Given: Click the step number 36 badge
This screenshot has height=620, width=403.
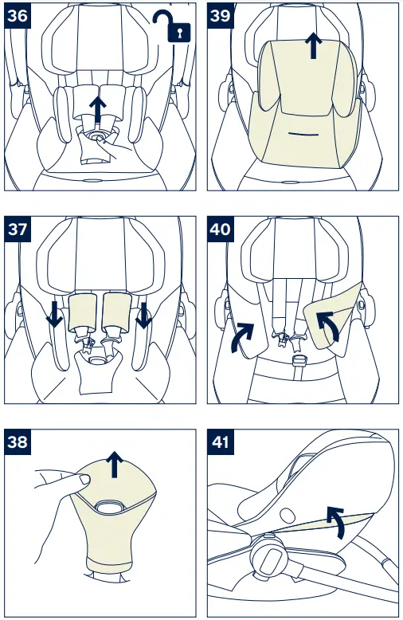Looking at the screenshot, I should click(17, 15).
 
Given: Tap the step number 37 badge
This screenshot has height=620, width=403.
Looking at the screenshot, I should click(17, 230).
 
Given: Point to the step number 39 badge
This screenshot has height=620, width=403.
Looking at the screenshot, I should click(220, 15).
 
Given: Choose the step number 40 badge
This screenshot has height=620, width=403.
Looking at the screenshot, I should click(220, 230).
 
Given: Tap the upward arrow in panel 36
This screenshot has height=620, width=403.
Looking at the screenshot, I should click(98, 110).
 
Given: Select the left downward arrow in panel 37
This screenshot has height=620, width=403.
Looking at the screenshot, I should click(55, 316).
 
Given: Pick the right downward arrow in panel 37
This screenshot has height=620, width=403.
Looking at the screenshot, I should click(144, 316).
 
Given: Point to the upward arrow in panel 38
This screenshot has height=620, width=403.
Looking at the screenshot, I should click(116, 464).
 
